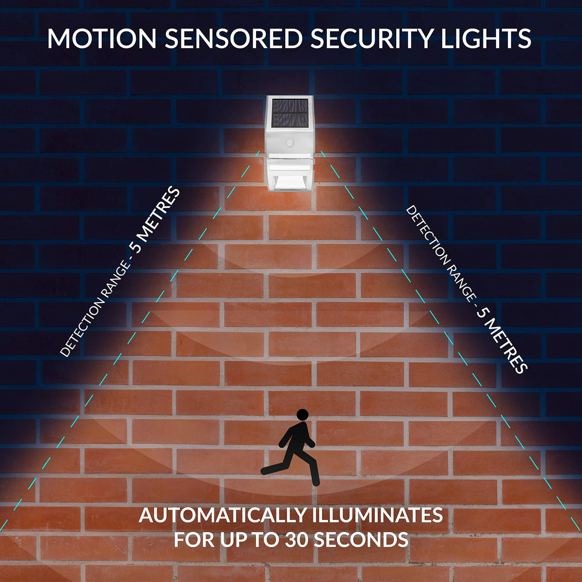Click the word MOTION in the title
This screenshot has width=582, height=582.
tap(102, 39)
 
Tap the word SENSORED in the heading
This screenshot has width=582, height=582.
tap(234, 39)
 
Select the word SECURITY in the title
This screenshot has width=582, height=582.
tap(371, 39)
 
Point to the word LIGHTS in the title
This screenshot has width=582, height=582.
tap(485, 39)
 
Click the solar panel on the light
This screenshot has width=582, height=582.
tap(290, 113)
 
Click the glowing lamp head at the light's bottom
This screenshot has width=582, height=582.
tap(290, 183)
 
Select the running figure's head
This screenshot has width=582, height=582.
tap(302, 415)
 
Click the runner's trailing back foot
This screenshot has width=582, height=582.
tap(266, 470)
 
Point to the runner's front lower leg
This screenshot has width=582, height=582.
tap(314, 473)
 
